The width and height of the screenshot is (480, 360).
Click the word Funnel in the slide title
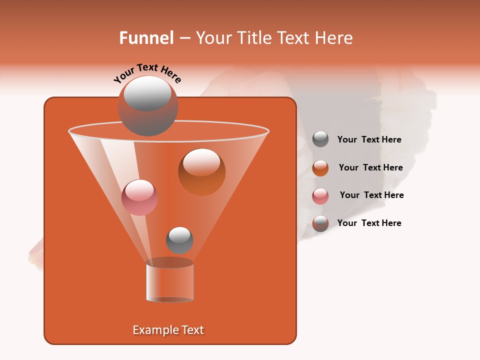pyautogui.click(x=146, y=38)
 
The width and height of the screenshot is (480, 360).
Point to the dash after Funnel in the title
pyautogui.click(x=184, y=38)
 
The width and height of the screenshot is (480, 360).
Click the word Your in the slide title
pyautogui.click(x=213, y=38)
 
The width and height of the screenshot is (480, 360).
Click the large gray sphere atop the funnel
pyautogui.click(x=147, y=106)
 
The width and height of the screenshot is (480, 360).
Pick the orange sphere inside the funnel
pyautogui.click(x=201, y=172)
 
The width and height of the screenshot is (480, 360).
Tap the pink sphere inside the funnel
pyautogui.click(x=139, y=197)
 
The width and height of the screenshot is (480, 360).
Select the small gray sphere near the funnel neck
pyautogui.click(x=179, y=240)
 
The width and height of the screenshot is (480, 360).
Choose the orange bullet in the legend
pyautogui.click(x=320, y=168)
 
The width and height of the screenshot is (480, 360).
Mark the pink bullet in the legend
pyautogui.click(x=320, y=196)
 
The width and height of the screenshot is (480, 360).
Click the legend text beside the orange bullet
pyautogui.click(x=370, y=167)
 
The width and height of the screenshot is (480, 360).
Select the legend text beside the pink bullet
pyautogui.click(x=371, y=195)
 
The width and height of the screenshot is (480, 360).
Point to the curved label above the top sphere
pyautogui.click(x=147, y=73)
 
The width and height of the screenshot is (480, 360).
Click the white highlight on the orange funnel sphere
pyautogui.click(x=201, y=162)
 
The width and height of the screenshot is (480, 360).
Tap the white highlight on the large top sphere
pyautogui.click(x=147, y=93)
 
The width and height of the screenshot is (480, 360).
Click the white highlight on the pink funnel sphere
pyautogui.click(x=139, y=190)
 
